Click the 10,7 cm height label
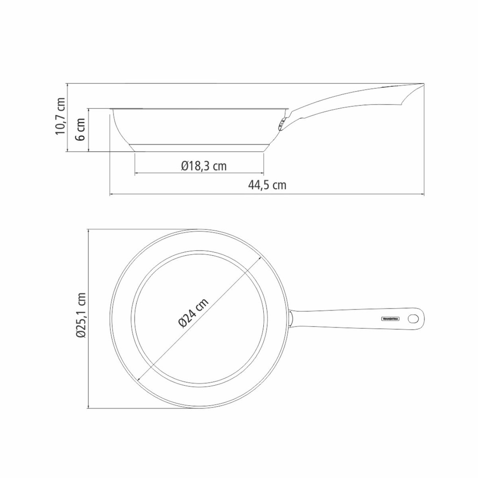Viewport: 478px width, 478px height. point(60,117)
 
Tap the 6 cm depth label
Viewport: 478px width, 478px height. point(80,130)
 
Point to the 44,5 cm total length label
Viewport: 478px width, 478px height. point(267,185)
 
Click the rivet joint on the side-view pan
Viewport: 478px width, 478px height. point(281,124)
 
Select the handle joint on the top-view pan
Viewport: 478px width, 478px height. point(290,319)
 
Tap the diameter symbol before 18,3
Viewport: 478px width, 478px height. point(184,166)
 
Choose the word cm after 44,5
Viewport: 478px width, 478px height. point(279,185)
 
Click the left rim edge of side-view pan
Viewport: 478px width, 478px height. point(111,111)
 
